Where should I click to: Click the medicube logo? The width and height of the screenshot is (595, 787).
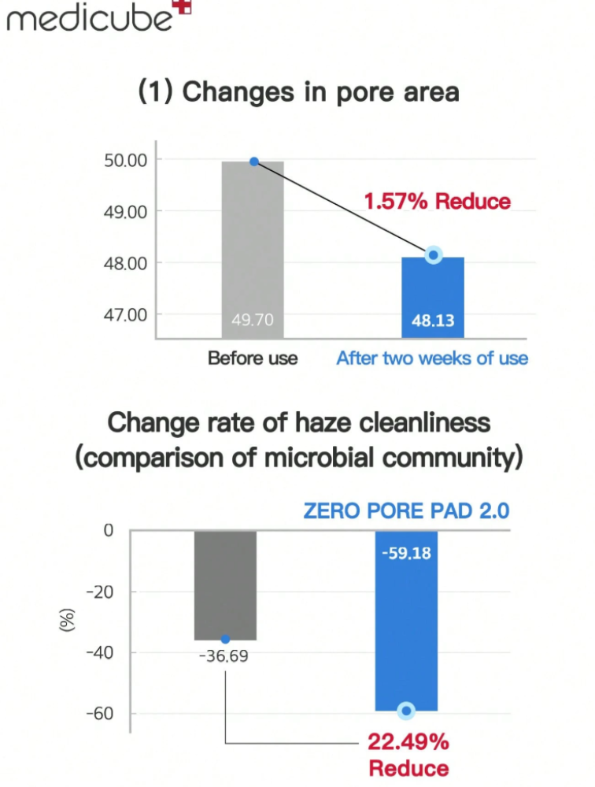pyautogui.click(x=88, y=17)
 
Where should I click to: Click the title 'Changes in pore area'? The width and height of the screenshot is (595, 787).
pyautogui.click(x=298, y=92)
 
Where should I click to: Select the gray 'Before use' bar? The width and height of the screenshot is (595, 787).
pyautogui.click(x=253, y=236)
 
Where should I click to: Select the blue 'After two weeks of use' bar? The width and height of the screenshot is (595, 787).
pyautogui.click(x=433, y=291)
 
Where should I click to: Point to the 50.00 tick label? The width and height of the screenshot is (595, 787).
pyautogui.click(x=125, y=161)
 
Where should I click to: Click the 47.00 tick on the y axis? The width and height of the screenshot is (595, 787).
pyautogui.click(x=125, y=314)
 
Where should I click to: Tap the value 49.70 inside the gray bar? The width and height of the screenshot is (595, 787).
pyautogui.click(x=253, y=321)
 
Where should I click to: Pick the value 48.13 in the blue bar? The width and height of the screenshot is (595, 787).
pyautogui.click(x=433, y=321)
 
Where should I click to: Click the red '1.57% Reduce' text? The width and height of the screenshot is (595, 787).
pyautogui.click(x=437, y=201)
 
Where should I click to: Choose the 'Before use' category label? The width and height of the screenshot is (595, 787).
pyautogui.click(x=253, y=358)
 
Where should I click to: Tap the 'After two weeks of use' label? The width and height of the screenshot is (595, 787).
pyautogui.click(x=432, y=358)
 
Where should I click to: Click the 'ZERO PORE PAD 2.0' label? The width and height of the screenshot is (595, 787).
pyautogui.click(x=406, y=510)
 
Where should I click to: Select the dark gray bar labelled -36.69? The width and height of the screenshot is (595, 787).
pyautogui.click(x=225, y=583)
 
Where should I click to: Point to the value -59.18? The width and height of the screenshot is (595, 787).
pyautogui.click(x=406, y=553)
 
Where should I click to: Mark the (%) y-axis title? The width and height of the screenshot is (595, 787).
pyautogui.click(x=67, y=622)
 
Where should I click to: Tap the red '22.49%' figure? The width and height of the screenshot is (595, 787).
pyautogui.click(x=408, y=742)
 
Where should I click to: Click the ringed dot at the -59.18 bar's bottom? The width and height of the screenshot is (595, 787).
pyautogui.click(x=406, y=711)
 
